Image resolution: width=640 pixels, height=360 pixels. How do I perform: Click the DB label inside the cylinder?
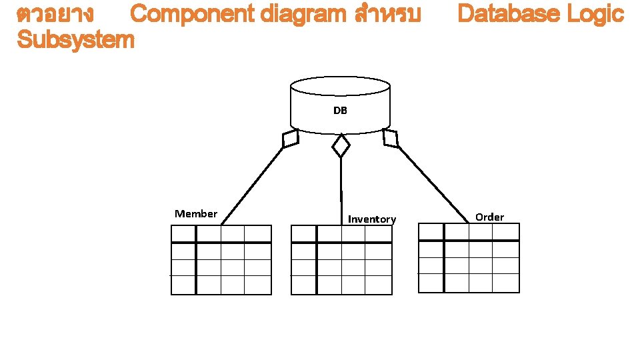tap(340, 110)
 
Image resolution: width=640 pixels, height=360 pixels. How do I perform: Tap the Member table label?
tap(196, 214)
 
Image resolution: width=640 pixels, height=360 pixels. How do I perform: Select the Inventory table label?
tap(372, 219)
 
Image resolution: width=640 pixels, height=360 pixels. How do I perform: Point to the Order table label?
tap(490, 217)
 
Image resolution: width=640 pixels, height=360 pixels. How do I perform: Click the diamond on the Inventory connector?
tap(341, 145)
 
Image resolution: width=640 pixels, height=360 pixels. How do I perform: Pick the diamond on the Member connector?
tap(290, 139)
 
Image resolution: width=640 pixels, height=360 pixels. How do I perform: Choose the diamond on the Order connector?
tap(391, 138)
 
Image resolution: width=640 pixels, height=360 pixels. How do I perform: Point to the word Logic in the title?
tap(595, 14)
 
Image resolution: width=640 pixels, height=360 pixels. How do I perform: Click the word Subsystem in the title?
tap(75, 40)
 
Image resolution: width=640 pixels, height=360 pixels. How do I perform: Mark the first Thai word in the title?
tap(55, 14)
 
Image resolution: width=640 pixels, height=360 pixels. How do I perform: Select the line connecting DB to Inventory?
tap(341, 187)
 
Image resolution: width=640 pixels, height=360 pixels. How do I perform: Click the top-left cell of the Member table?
tap(183, 233)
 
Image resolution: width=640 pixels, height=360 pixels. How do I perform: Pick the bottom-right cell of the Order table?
tap(506, 283)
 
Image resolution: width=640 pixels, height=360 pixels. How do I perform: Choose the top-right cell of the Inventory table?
tap(379, 233)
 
